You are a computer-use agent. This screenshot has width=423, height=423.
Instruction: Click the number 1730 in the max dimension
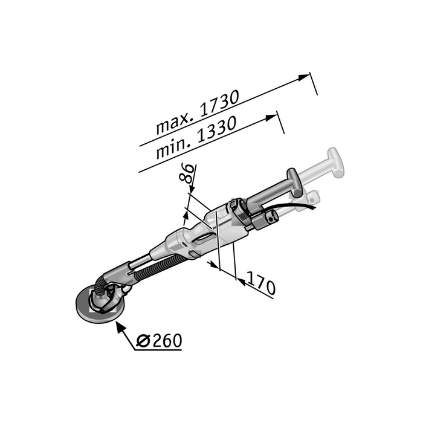coord(219,105)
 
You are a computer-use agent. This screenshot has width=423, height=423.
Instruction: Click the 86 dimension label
coord(187,173)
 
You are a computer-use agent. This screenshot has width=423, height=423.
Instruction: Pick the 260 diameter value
coord(167,341)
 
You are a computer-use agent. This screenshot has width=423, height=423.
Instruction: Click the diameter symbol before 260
coord(143,341)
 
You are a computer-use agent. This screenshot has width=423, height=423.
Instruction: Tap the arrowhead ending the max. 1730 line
coord(303,77)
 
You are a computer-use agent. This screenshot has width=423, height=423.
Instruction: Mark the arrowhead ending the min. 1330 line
coord(271,118)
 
